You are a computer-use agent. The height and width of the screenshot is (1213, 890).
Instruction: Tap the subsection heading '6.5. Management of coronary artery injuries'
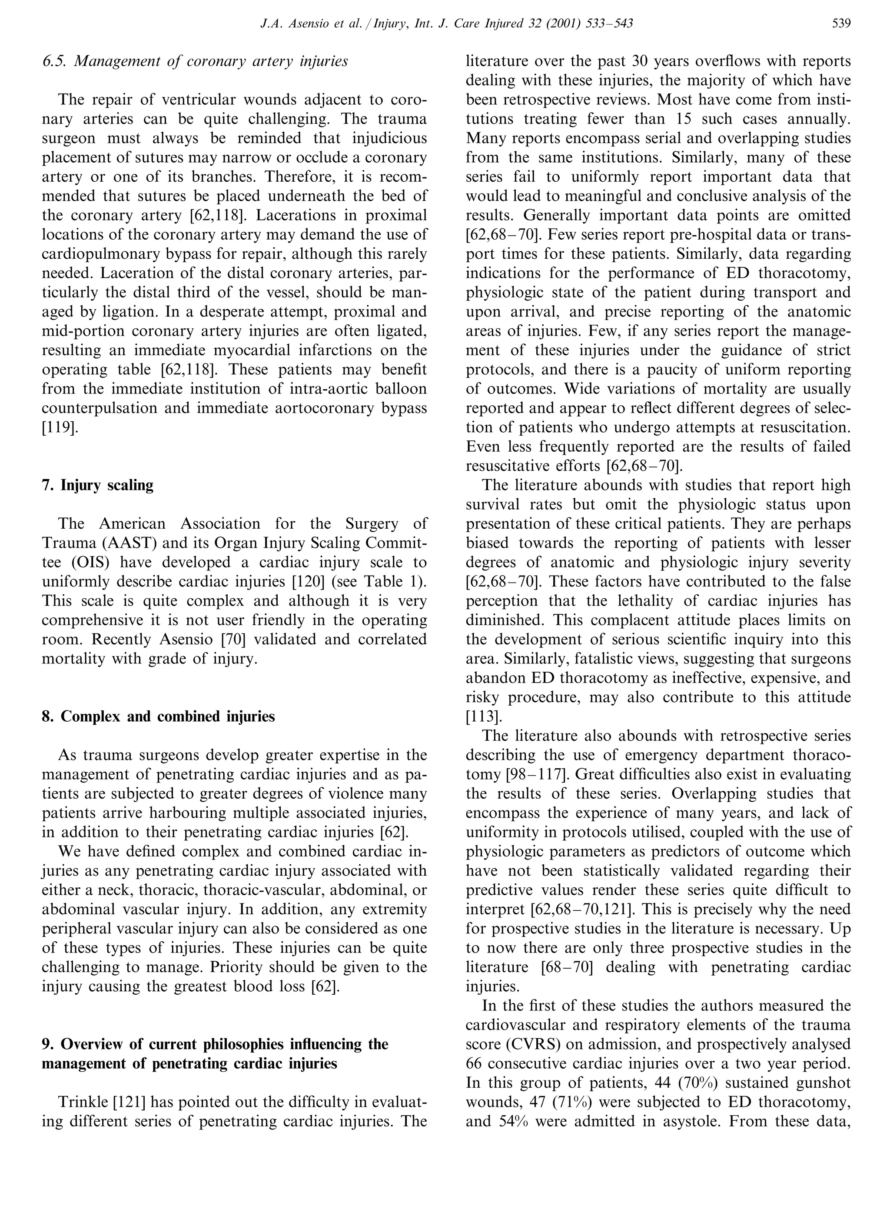click(x=195, y=61)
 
